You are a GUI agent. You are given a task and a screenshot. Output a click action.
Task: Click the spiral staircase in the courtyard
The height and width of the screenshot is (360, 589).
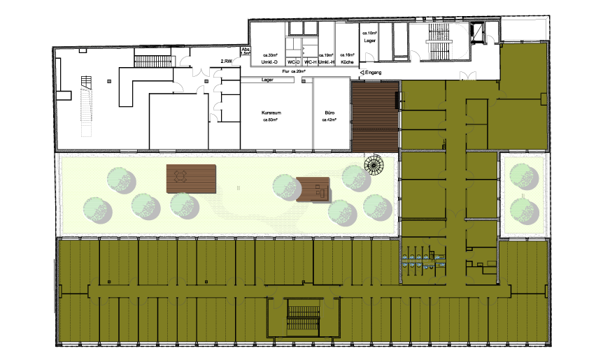374,166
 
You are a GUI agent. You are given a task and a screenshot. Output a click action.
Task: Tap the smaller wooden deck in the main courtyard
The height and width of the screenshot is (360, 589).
313,189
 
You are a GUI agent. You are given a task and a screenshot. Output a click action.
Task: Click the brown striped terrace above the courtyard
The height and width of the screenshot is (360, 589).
375,115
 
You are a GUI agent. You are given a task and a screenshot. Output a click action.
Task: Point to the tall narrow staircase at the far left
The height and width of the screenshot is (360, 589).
87,112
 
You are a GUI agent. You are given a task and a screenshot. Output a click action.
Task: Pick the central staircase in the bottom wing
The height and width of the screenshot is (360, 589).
303,319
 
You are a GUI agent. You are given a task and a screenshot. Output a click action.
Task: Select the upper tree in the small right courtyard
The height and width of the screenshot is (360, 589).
523,175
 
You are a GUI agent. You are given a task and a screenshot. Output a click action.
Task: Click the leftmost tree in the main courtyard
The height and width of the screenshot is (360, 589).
97,210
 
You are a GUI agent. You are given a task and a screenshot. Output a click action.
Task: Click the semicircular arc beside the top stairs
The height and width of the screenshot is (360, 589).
462,41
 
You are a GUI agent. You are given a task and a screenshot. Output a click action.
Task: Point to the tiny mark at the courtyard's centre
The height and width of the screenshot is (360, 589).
239,187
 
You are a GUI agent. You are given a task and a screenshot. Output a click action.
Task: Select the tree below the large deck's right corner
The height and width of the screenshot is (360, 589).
184,206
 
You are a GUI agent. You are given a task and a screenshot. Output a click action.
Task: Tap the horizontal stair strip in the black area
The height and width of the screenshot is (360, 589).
153,62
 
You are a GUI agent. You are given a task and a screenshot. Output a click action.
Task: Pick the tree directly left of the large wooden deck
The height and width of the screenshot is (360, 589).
121,180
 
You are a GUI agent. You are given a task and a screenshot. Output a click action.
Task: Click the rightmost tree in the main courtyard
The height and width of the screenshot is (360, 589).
376,207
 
